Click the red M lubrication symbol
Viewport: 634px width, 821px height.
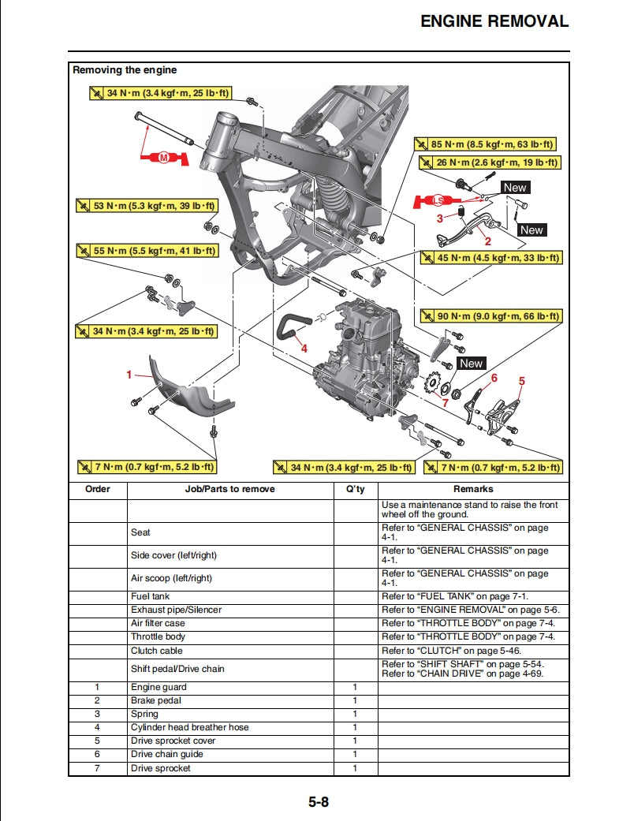tap(164, 159)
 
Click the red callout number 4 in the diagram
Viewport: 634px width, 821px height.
tap(304, 348)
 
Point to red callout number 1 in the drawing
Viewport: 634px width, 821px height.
tap(129, 375)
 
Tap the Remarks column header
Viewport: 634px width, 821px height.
tap(473, 489)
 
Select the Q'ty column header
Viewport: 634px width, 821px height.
tap(356, 489)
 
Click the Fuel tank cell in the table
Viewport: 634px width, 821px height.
tap(151, 596)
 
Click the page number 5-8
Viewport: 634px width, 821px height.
tap(319, 803)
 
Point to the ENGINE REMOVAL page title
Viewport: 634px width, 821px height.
tap(494, 21)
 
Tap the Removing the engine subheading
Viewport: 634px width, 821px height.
tap(125, 70)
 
